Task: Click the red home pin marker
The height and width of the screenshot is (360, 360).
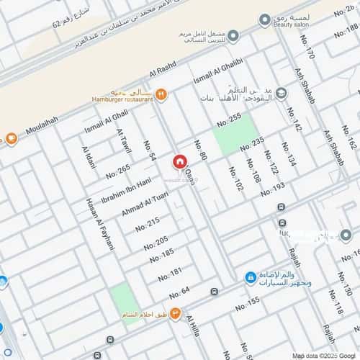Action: click(x=179, y=163)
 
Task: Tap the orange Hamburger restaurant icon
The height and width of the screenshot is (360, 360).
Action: click(x=161, y=94)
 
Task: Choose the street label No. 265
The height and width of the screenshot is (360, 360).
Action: click(x=117, y=171)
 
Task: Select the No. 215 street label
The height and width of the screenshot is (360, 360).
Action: click(x=148, y=223)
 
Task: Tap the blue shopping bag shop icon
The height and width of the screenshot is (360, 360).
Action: click(x=250, y=276)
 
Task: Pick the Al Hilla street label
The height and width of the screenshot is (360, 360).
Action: click(x=193, y=328)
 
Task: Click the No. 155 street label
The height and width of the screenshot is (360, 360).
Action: click(x=247, y=303)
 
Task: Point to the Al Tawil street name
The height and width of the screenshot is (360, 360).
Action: click(x=124, y=140)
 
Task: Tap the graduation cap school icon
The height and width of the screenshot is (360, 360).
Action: click(x=281, y=94)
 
